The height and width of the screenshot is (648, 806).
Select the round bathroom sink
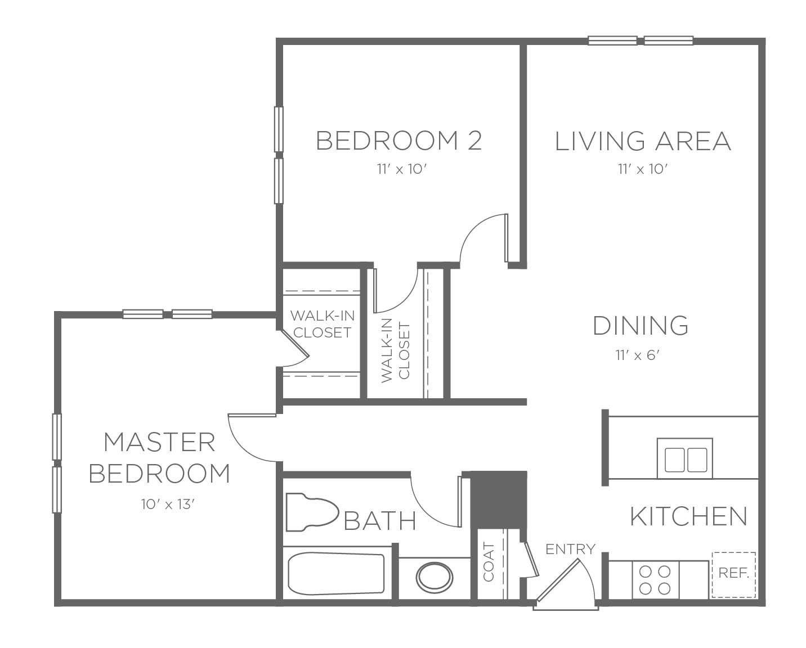click(x=435, y=577)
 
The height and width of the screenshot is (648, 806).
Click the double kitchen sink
click(x=685, y=458)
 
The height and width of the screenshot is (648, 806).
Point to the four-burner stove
click(x=655, y=579)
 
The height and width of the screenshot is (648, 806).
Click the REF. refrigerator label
click(x=734, y=573)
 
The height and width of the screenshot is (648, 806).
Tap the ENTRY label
click(x=570, y=549)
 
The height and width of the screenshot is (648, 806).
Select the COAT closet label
click(x=489, y=562)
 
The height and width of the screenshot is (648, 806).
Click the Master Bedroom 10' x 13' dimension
click(x=168, y=504)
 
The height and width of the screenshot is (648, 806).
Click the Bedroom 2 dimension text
click(x=402, y=169)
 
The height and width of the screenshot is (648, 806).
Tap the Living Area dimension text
click(x=643, y=169)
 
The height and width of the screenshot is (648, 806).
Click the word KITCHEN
click(x=689, y=516)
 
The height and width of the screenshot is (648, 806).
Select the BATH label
click(x=380, y=520)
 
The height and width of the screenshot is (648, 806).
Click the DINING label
click(x=641, y=326)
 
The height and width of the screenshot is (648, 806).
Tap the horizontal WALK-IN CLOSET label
click(x=322, y=324)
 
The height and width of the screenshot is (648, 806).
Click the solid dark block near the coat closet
click(x=499, y=499)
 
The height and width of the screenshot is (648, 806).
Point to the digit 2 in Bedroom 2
click(x=474, y=141)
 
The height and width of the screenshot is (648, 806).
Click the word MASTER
click(x=159, y=442)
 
